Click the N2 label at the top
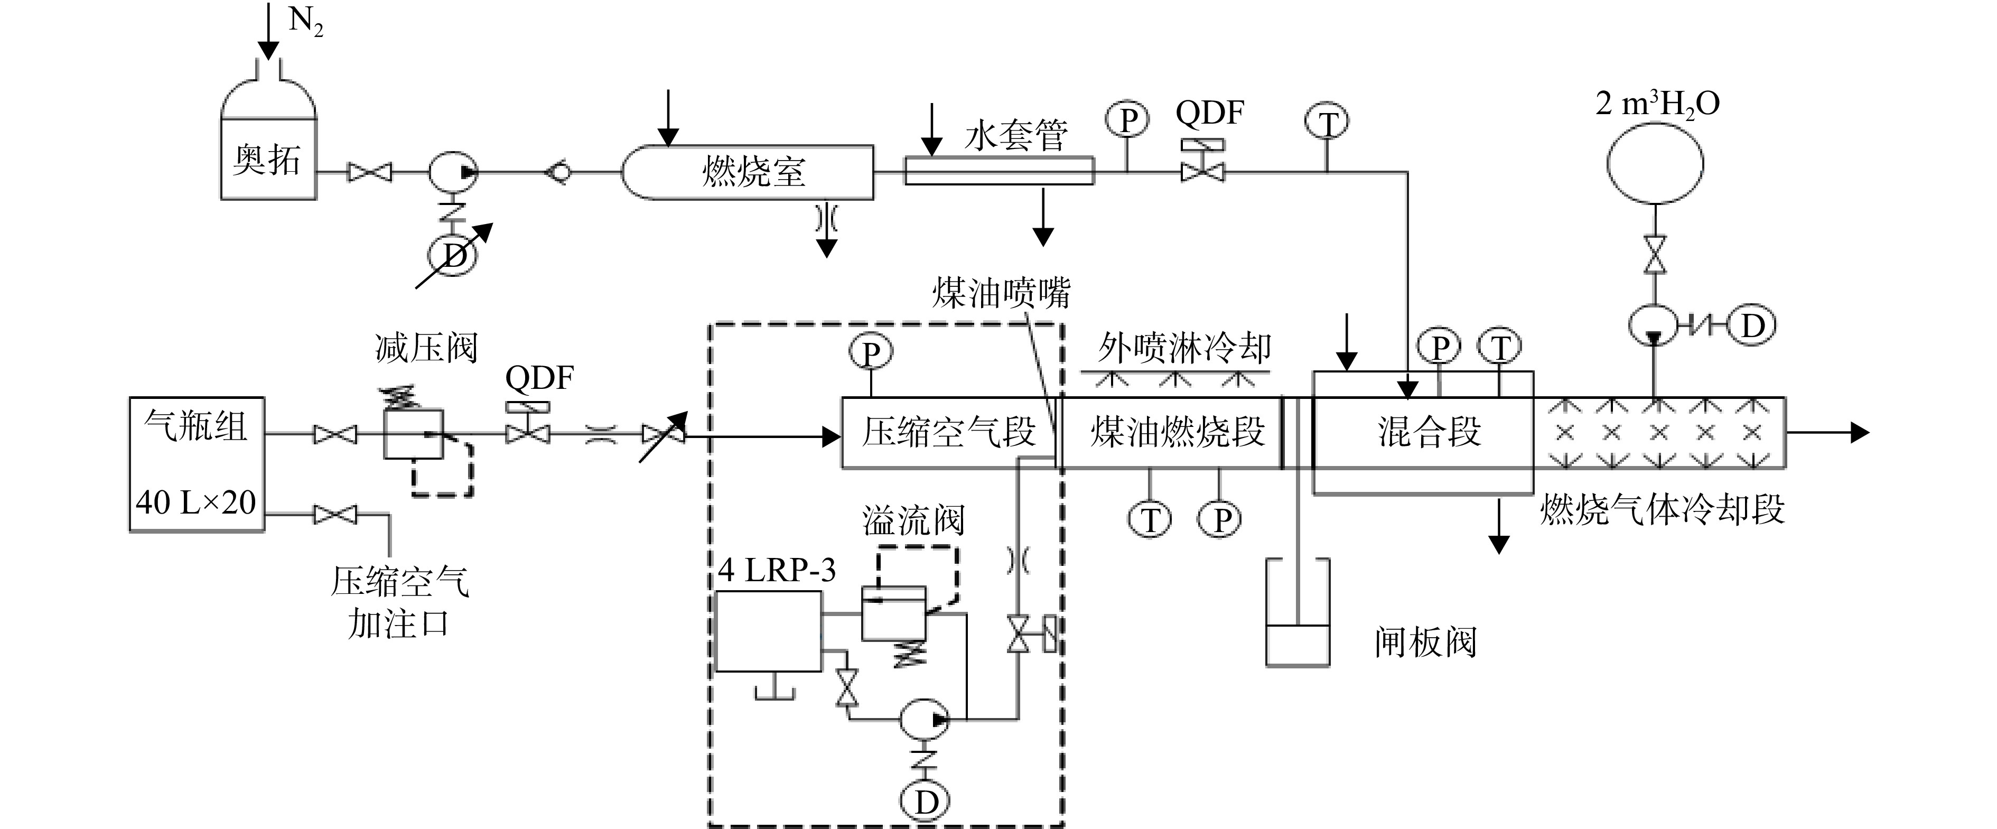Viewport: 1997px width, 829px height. (305, 22)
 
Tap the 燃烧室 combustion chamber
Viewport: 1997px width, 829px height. (748, 172)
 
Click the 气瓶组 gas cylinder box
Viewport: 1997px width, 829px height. (197, 464)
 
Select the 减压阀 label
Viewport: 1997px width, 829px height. (426, 348)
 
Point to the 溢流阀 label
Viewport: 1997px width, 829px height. (913, 520)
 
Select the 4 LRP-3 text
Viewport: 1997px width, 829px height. (777, 571)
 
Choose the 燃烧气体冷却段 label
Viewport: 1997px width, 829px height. (1662, 509)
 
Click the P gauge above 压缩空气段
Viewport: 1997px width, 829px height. (871, 353)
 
